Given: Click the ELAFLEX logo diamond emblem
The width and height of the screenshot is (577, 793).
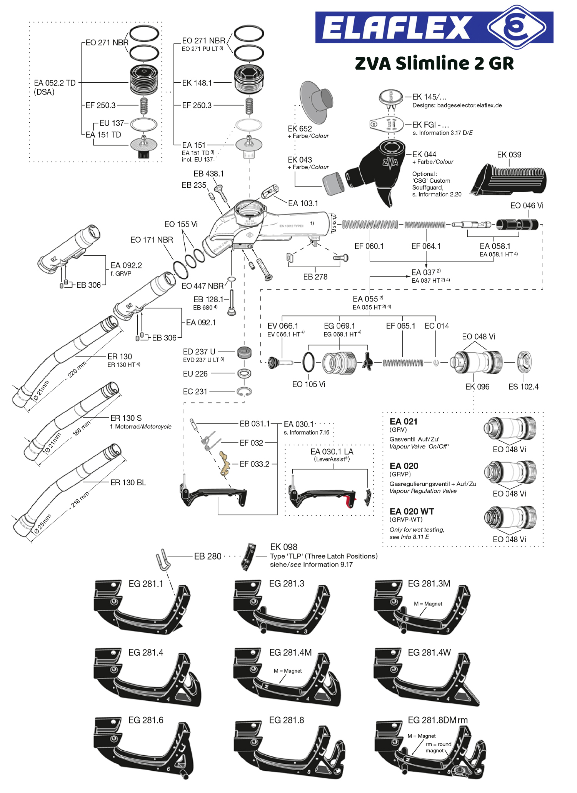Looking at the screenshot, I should (517, 27).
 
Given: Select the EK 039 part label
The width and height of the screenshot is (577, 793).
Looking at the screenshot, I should (509, 155).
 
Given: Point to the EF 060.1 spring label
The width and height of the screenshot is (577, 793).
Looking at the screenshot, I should (369, 246).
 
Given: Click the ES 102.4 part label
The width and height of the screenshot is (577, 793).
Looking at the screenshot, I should (523, 387).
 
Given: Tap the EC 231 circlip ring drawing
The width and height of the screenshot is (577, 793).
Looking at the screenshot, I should (244, 392).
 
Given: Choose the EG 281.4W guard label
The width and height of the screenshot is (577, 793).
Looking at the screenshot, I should (429, 652).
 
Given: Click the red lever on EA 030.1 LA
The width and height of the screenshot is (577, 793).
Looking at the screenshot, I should (350, 501).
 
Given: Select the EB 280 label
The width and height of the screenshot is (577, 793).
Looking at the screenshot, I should (207, 556).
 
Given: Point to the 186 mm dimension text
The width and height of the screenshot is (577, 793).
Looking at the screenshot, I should (82, 428).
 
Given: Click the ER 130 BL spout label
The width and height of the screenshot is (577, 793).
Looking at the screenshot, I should (128, 482).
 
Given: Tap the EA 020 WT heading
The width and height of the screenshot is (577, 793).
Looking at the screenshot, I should (412, 511).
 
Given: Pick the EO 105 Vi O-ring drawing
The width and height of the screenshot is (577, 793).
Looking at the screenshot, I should (308, 362).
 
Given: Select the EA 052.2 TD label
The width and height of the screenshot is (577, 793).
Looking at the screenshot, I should (55, 83).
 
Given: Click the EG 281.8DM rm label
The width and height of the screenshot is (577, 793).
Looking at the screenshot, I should (437, 720).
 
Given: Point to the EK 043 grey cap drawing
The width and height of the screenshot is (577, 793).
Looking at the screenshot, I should (333, 183).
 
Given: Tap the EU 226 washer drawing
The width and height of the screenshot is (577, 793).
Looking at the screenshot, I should (244, 373).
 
